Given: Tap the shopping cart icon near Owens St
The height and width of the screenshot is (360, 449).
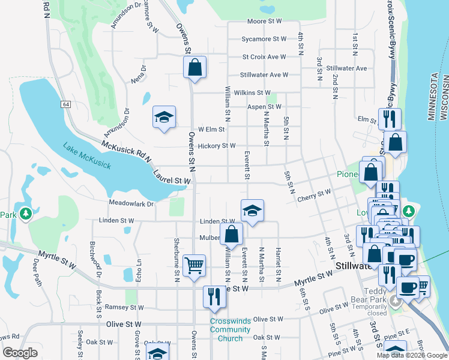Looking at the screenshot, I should [194, 264].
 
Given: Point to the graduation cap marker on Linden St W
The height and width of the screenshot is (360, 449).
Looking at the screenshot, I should [252, 211].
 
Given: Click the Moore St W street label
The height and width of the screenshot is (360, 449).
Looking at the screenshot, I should [265, 21].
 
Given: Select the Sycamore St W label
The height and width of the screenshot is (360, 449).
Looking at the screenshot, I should [264, 39].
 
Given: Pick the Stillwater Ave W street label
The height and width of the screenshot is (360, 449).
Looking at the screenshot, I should [264, 75].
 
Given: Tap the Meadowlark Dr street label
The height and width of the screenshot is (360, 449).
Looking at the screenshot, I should [131, 203].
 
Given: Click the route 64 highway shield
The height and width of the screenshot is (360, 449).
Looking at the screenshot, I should [65, 104].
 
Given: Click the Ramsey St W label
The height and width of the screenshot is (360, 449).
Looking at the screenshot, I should [125, 307].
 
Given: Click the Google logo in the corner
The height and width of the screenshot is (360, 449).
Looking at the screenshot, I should [20, 353].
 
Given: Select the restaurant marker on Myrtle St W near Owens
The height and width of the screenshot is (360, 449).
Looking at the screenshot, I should [213, 296].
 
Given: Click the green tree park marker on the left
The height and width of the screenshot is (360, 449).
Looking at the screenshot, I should [25, 214].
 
